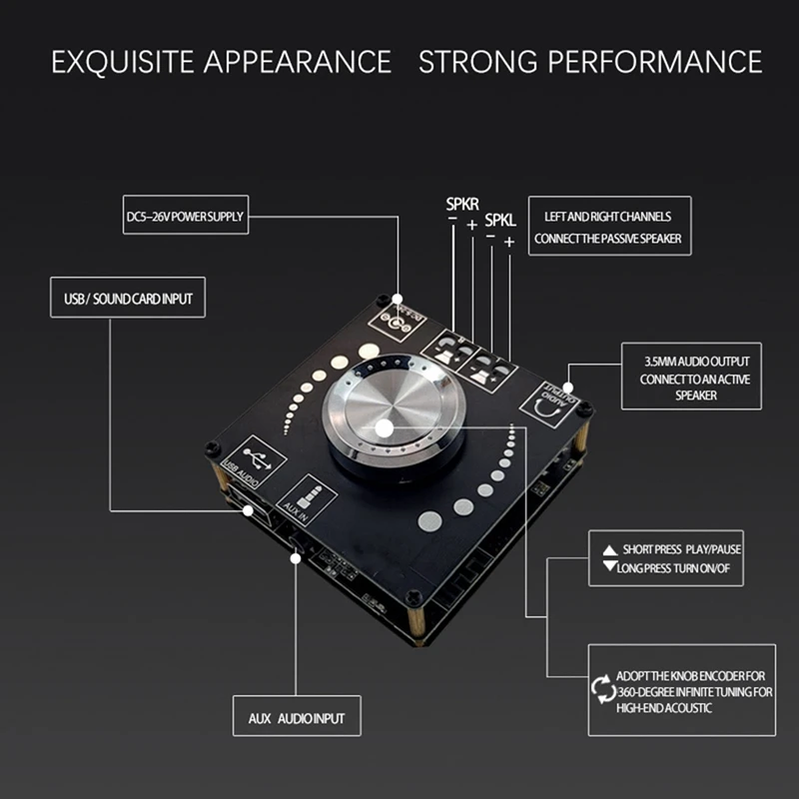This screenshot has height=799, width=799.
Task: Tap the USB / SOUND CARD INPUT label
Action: (x=127, y=298)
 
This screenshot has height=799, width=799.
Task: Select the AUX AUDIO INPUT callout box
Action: (x=297, y=717)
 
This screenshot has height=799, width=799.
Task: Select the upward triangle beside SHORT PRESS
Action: (x=608, y=550)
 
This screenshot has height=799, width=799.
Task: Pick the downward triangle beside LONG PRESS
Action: (x=609, y=568)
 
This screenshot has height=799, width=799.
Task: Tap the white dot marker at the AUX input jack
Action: (x=295, y=558)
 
